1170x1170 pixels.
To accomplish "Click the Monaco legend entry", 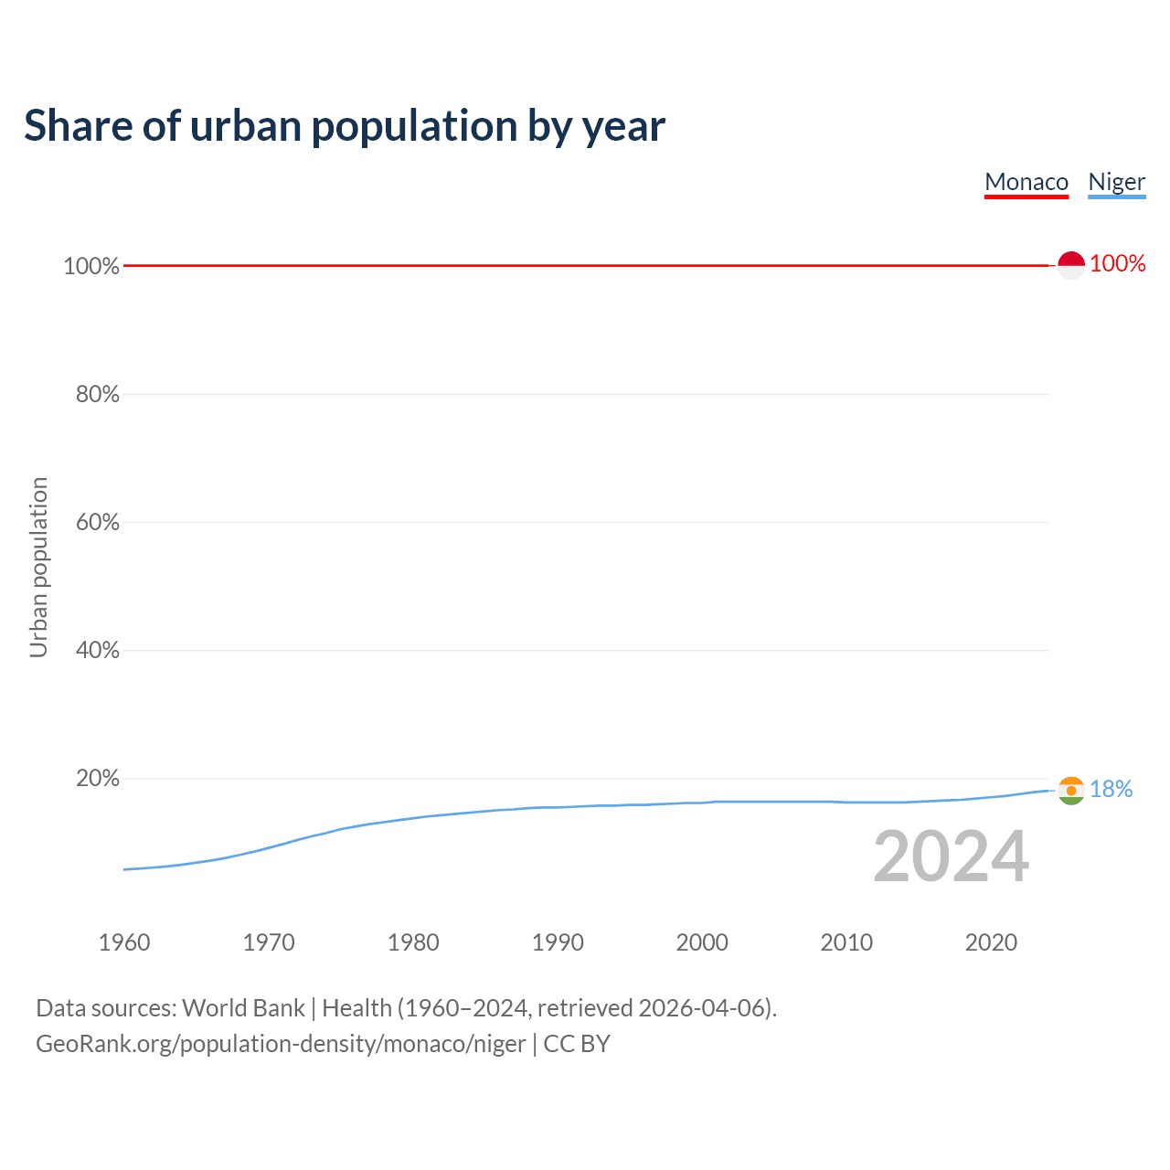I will point(1026,182).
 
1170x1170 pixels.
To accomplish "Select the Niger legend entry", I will point(1116,182).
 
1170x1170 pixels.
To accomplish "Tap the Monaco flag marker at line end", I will point(1071,265).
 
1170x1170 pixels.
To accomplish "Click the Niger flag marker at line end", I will point(1071,790).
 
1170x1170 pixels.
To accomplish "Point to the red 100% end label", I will point(1118,264).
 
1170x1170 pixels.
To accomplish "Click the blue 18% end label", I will point(1111,789).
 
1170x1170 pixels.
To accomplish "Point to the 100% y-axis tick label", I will point(91,266).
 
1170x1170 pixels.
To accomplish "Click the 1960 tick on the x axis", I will point(124,942).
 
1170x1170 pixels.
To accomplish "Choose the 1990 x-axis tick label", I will point(558,942).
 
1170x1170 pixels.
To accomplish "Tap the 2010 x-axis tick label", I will point(846,942).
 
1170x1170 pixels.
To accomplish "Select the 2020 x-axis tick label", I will point(991,942).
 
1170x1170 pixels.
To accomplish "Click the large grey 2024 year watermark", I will point(951,857).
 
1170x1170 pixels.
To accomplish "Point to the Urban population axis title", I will point(38,567).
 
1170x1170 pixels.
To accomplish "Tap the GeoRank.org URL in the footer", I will point(281,1044).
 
